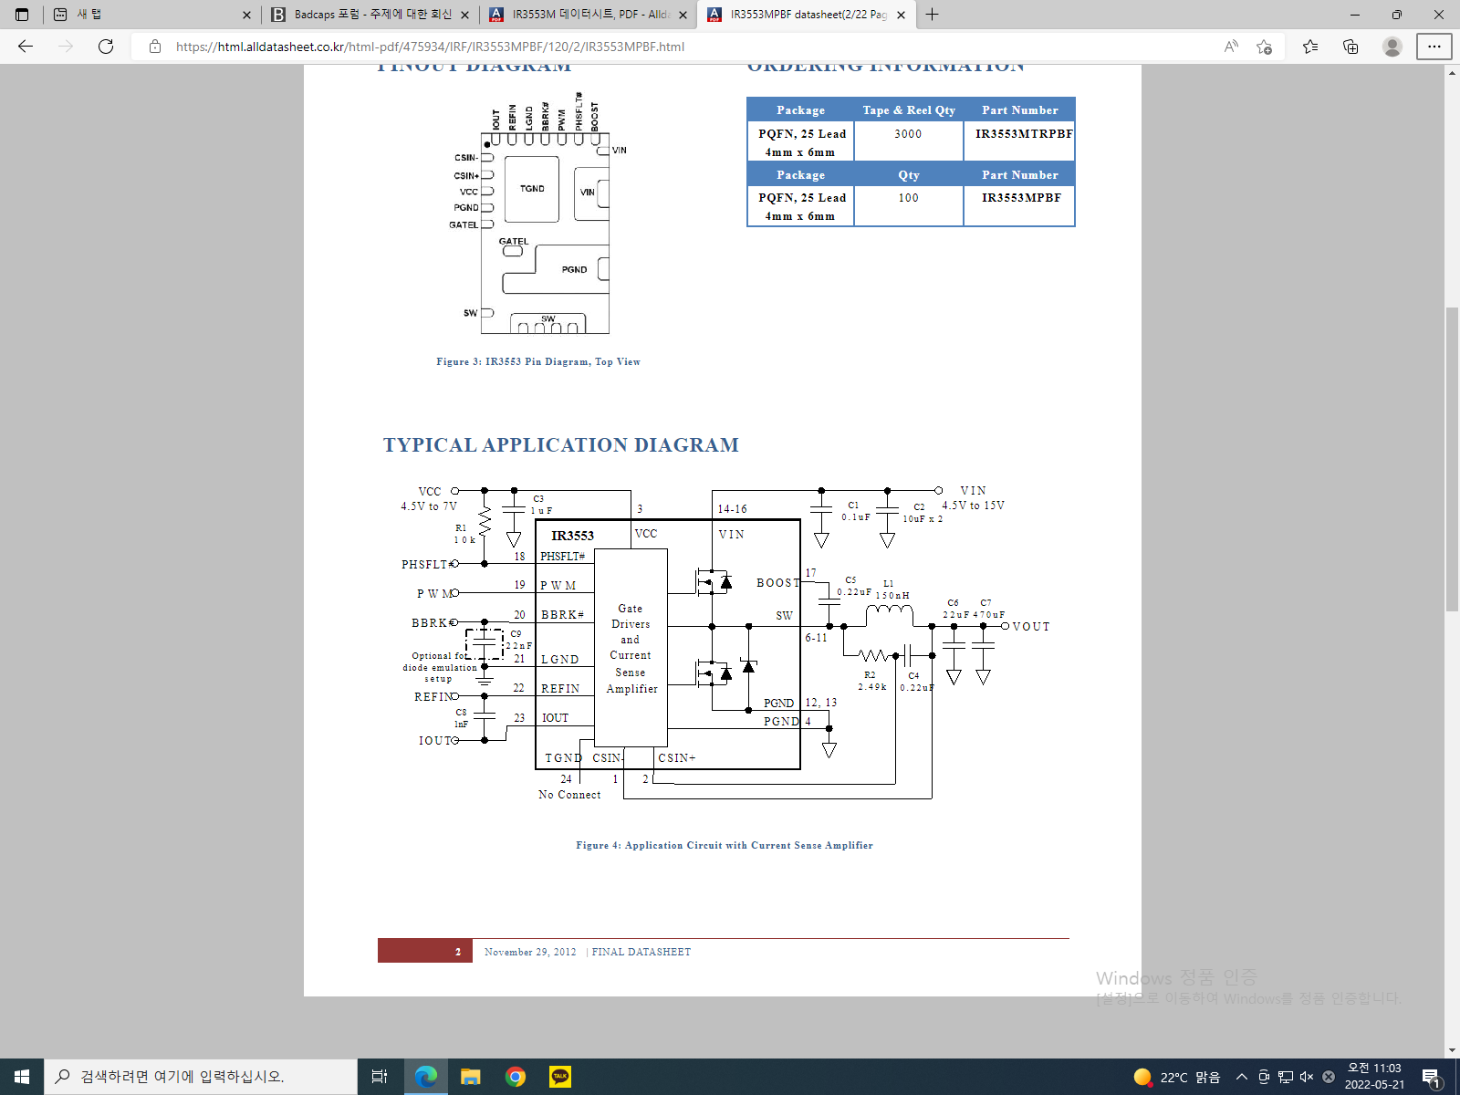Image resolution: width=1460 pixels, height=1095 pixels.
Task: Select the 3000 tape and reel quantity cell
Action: point(908,134)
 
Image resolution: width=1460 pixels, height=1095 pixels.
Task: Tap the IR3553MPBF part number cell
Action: point(1021,198)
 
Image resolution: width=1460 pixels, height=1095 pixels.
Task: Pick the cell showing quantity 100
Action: point(908,198)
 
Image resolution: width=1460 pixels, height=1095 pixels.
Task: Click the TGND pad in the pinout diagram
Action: point(532,190)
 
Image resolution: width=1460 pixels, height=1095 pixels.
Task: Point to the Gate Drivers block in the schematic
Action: point(631,648)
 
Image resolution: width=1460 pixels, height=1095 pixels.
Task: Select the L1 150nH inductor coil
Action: point(888,612)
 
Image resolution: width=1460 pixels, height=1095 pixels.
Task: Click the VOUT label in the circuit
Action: point(1031,627)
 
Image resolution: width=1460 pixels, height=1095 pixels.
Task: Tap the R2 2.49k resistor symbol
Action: point(874,655)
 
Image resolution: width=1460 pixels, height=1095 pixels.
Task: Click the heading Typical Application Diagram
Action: point(560,445)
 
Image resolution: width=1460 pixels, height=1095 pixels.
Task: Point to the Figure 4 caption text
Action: point(724,846)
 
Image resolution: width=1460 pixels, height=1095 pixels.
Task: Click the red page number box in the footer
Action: point(425,951)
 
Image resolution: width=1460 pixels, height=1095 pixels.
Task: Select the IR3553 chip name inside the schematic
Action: point(572,536)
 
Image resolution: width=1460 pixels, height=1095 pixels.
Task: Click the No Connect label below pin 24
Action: point(569,795)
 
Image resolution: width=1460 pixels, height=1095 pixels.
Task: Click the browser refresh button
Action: point(106,47)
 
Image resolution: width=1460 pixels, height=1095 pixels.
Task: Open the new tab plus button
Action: point(932,15)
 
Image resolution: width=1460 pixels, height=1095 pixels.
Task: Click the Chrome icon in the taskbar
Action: point(516,1077)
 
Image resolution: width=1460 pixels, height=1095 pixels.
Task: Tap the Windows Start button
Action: point(22,1077)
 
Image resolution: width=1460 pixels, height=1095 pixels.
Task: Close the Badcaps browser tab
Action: point(464,15)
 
